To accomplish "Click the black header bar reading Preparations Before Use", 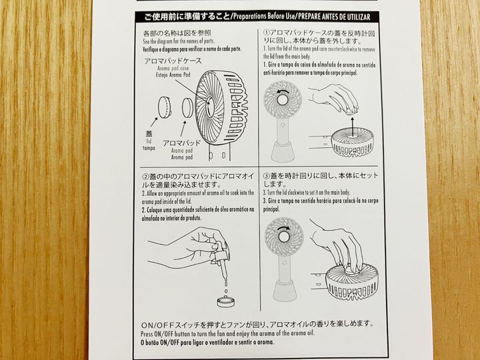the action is coord(257,17).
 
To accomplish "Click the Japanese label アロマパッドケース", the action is coord(173,61).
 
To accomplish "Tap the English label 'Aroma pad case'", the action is coord(173,68).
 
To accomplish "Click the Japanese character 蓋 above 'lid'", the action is coord(149,134).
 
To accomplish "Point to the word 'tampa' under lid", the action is coord(149,148).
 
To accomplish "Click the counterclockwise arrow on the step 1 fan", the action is coord(284,91).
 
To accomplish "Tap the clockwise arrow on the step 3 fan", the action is coord(284,229).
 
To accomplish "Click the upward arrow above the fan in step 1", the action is coord(353,127).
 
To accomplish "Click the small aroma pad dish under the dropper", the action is coord(226,301).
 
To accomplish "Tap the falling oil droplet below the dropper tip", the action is coord(226,291).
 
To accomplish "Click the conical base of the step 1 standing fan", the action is coord(283,151).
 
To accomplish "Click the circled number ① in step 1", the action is coord(267,33).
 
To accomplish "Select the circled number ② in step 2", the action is coord(145,177).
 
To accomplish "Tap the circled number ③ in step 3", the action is coord(266,176).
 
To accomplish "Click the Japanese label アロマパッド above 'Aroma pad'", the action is coord(182,143).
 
